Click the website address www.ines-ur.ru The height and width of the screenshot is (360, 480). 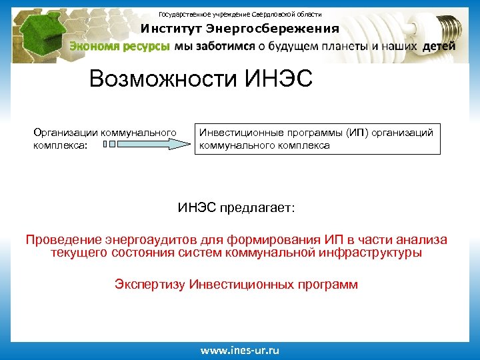[x=241, y=350]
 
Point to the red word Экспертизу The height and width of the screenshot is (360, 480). [x=150, y=285]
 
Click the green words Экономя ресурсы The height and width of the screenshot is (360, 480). [x=120, y=46]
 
